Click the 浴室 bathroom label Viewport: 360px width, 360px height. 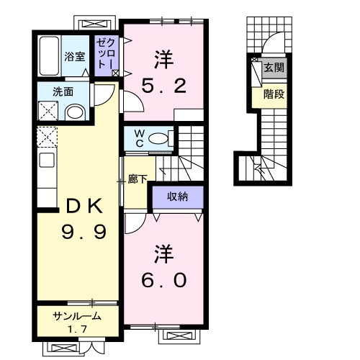tap(74, 57)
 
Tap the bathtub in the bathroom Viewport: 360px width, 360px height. tap(50, 55)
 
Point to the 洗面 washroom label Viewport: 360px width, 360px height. tap(63, 91)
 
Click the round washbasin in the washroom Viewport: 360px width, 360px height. tap(75, 112)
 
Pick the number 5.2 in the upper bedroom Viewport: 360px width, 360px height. tap(164, 86)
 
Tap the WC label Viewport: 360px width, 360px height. tap(139, 138)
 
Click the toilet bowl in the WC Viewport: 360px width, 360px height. tap(158, 138)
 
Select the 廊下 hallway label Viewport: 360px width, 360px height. tap(138, 179)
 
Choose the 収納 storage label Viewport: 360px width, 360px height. tap(177, 197)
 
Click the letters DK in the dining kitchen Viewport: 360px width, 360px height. tap(84, 206)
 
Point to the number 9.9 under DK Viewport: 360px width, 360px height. tap(84, 232)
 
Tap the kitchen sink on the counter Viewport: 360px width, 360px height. tap(47, 160)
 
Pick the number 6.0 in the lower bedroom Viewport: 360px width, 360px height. tap(164, 280)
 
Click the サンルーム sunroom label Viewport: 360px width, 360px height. tap(77, 317)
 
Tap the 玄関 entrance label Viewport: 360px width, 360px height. tap(274, 68)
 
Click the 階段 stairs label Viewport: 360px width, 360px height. tap(274, 94)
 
